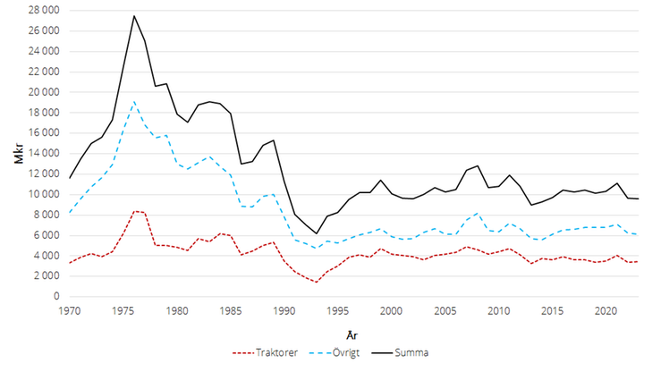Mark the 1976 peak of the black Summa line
(x=134, y=15)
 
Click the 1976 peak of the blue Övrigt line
(x=134, y=101)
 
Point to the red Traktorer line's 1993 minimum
(x=317, y=282)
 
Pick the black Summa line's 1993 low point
(x=317, y=233)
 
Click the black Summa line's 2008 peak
(x=478, y=165)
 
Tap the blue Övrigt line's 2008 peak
(x=478, y=213)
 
